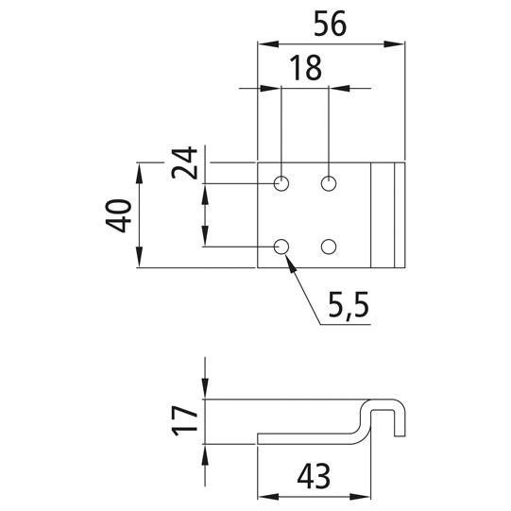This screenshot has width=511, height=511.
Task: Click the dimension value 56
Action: tap(330, 24)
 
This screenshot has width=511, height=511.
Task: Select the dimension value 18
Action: tap(306, 67)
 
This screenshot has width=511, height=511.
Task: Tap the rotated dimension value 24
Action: tap(184, 162)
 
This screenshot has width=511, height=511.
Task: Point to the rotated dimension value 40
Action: tap(119, 215)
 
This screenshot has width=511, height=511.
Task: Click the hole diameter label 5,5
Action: tap(349, 305)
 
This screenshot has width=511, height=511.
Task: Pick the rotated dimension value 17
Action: tap(184, 420)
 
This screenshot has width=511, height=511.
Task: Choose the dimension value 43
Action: tap(314, 476)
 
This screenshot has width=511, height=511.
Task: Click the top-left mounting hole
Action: tap(281, 183)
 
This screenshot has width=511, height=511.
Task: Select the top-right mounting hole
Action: tap(329, 183)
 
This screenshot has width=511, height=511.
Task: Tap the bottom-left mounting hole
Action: tap(281, 247)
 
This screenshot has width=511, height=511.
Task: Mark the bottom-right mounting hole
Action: tap(329, 247)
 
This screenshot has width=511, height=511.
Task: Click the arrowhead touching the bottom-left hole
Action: tap(291, 264)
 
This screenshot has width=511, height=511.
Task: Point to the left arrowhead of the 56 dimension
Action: tap(268, 44)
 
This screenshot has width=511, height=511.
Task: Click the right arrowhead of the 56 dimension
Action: tap(394, 44)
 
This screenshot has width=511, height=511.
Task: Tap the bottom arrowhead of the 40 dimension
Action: tap(139, 257)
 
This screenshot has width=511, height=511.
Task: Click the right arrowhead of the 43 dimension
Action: tap(360, 497)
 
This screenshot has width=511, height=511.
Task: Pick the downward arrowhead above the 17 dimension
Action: tap(205, 388)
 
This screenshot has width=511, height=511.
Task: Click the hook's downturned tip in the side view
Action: tap(400, 435)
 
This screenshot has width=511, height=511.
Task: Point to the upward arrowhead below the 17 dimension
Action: tap(205, 454)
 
